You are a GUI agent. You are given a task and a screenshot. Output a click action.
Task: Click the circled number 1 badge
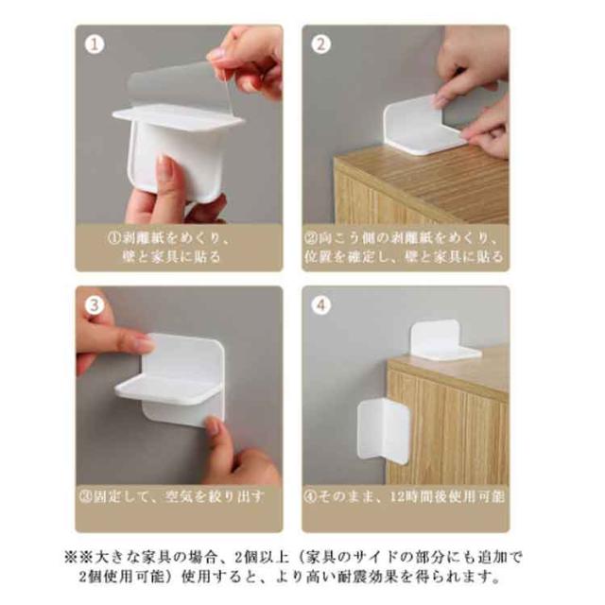click(95, 44)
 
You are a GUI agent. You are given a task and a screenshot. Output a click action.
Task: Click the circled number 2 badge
click(321, 44)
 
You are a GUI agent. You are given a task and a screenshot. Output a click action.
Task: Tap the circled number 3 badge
click(95, 305)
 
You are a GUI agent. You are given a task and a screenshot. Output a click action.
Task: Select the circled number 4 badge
click(321, 305)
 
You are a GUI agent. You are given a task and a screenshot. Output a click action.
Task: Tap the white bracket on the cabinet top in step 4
click(443, 339)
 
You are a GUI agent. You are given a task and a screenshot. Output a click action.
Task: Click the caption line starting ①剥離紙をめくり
click(170, 238)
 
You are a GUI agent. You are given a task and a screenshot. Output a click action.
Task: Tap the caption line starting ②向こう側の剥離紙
click(402, 238)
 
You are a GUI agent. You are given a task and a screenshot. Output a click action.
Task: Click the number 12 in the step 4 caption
click(400, 496)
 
